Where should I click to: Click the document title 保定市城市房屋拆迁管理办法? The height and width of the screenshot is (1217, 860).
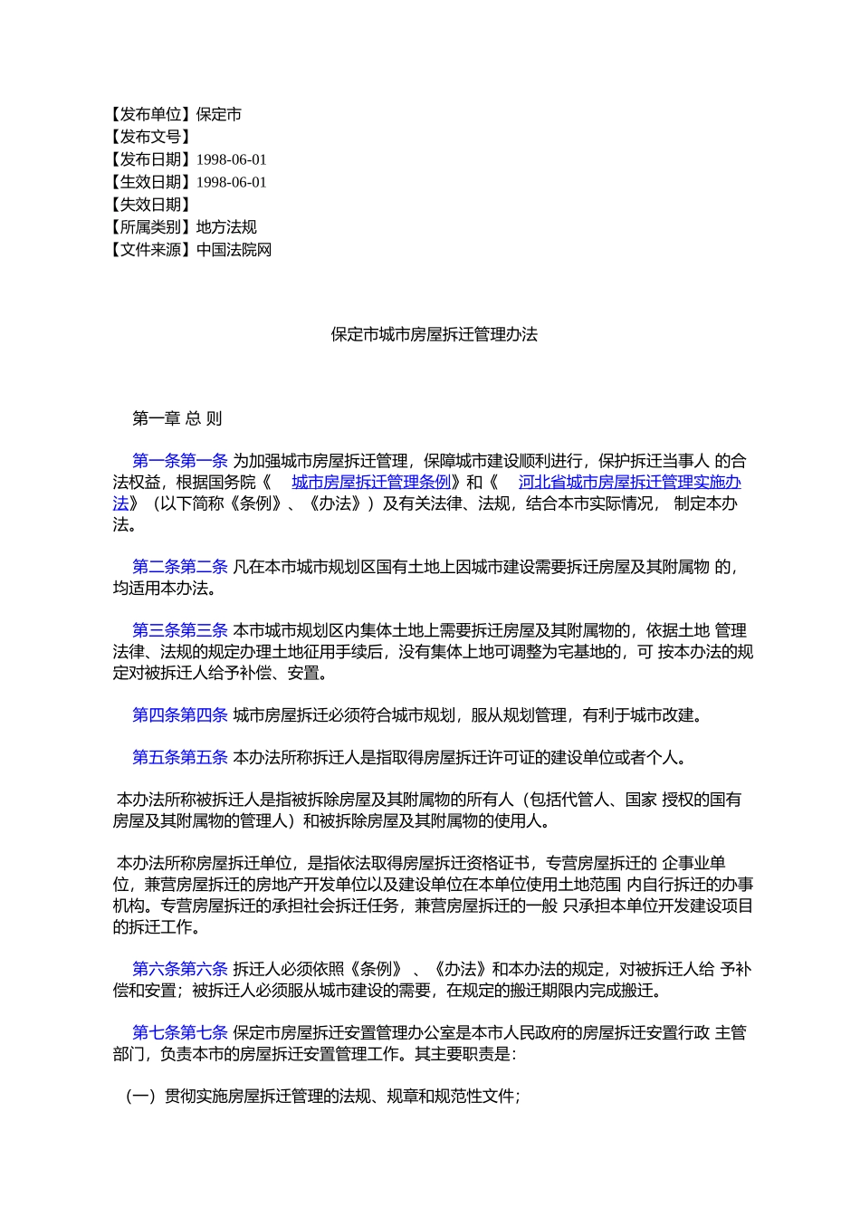[434, 335]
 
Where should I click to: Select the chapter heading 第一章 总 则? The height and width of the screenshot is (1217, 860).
[177, 419]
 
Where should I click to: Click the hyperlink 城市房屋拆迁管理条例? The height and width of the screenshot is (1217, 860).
[371, 483]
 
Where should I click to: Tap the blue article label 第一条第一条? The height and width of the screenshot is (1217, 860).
[179, 462]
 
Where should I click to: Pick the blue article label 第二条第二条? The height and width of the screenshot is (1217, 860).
[179, 568]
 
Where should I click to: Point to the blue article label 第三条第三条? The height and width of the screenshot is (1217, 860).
[179, 631]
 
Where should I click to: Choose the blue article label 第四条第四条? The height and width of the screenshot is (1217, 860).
[179, 715]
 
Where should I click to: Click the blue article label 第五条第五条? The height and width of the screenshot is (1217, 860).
[179, 758]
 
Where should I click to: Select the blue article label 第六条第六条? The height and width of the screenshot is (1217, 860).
[179, 970]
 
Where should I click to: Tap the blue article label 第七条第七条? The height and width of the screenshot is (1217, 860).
[179, 1033]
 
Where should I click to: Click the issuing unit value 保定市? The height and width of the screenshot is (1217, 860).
[219, 115]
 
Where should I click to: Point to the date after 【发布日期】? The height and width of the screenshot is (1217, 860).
[232, 160]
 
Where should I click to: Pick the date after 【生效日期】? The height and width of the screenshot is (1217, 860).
[232, 183]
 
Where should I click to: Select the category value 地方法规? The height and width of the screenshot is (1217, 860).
[226, 228]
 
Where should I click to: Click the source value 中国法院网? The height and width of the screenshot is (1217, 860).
[234, 251]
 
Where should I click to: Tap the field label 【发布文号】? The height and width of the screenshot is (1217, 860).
[150, 138]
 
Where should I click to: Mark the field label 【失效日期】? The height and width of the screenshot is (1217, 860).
[150, 206]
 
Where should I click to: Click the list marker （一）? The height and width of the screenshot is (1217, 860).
[141, 1097]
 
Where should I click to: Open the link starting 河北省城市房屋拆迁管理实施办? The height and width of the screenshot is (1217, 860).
[629, 483]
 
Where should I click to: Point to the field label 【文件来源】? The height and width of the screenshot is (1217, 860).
[150, 251]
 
